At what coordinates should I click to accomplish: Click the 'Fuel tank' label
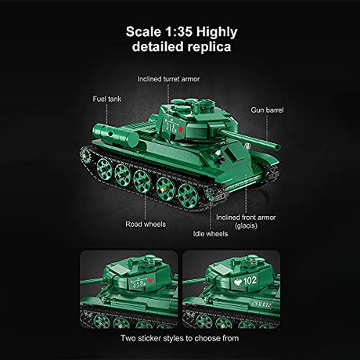click(x=107, y=99)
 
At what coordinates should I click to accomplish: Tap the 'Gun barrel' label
click(x=267, y=110)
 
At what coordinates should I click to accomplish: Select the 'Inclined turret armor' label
click(x=168, y=79)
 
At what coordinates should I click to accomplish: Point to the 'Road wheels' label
click(x=146, y=225)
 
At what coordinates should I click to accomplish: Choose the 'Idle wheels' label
click(x=211, y=234)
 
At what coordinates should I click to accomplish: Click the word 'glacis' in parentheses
click(x=247, y=225)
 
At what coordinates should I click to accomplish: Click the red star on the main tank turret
click(x=180, y=129)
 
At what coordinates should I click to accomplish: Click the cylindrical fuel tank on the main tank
click(x=116, y=135)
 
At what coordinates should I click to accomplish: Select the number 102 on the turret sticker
click(x=250, y=281)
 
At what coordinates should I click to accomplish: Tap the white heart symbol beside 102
click(x=238, y=283)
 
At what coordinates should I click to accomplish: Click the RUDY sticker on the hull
click(x=261, y=304)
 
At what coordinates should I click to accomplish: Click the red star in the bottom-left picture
click(x=149, y=281)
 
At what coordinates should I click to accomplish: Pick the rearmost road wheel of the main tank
click(x=104, y=170)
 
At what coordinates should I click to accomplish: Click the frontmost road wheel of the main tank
click(x=188, y=196)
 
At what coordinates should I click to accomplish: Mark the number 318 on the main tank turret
click(x=170, y=126)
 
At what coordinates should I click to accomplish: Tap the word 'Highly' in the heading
click(x=217, y=32)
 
